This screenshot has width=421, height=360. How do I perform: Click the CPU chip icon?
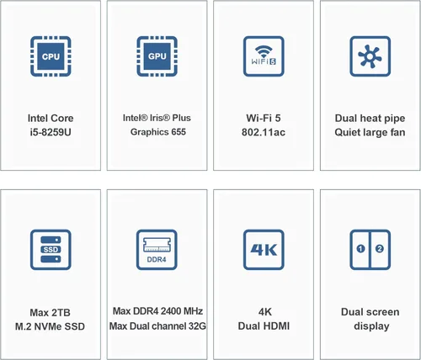click(51, 56)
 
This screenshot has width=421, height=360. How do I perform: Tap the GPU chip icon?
click(157, 56)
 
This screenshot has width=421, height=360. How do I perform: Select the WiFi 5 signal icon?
click(263, 56)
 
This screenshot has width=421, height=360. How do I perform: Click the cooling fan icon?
click(369, 56)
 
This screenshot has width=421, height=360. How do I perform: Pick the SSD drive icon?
click(51, 249)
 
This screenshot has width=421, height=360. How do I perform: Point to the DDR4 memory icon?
click(157, 249)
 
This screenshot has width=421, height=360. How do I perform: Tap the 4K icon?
click(263, 249)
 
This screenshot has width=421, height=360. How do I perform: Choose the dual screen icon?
click(369, 249)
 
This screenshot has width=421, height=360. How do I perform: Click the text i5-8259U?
click(51, 132)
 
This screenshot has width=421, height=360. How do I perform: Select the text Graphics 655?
click(157, 132)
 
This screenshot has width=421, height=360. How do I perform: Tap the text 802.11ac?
click(263, 132)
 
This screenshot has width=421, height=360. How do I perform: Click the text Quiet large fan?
click(369, 132)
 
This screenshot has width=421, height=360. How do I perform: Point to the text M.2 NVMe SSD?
click(51, 326)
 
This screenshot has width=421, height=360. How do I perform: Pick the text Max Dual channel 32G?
click(157, 326)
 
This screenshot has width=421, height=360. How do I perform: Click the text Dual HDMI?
click(263, 326)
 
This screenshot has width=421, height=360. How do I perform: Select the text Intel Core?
click(51, 118)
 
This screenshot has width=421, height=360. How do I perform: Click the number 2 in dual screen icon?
click(379, 249)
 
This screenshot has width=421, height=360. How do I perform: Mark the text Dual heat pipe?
click(369, 118)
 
